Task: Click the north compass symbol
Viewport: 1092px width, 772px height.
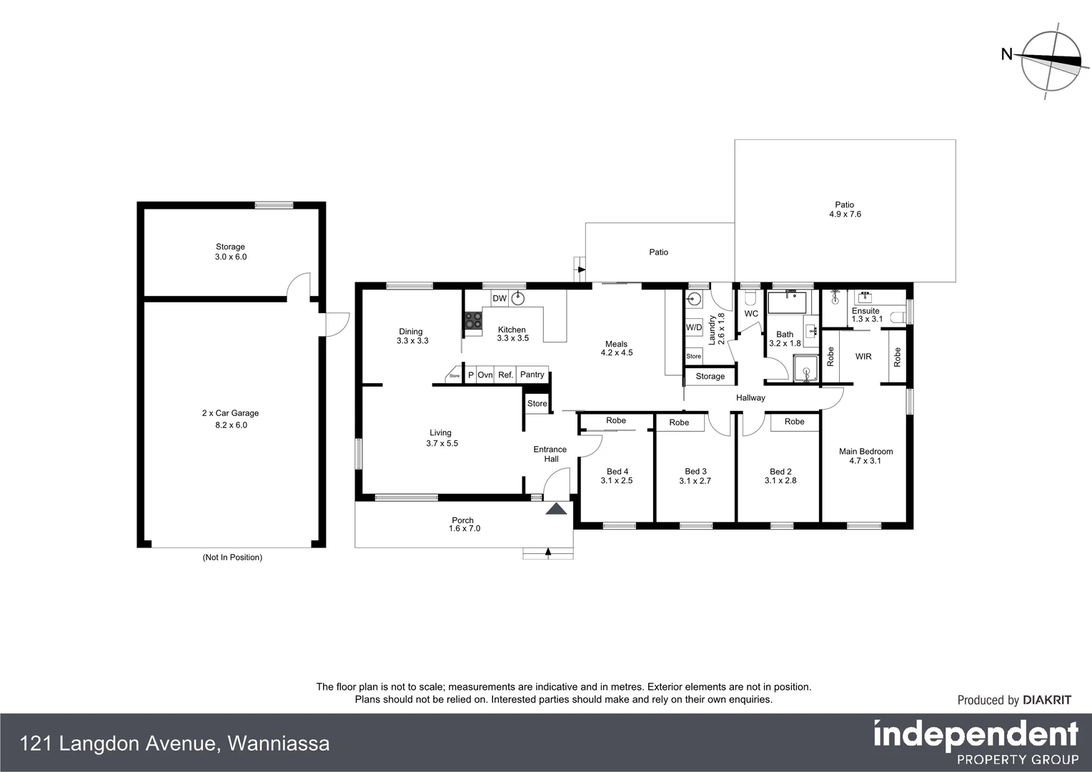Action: click(1050, 61)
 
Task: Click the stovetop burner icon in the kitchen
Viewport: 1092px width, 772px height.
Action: click(473, 320)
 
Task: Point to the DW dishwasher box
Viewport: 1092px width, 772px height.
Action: click(500, 298)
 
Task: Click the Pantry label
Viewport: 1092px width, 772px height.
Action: click(532, 375)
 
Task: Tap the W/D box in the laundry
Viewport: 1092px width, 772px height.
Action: click(693, 327)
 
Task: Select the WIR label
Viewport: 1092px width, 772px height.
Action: click(863, 356)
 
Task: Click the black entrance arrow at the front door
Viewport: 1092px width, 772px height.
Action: click(556, 509)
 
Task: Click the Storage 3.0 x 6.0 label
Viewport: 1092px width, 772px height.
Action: click(230, 252)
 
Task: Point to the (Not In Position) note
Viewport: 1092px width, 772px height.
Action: click(232, 558)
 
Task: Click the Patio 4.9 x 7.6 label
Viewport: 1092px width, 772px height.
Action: click(845, 209)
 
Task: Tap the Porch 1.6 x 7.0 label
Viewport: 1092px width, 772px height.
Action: click(463, 525)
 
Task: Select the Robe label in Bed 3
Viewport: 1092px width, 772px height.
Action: click(679, 422)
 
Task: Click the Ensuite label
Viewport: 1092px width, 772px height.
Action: click(866, 311)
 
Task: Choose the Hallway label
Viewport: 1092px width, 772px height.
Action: click(750, 398)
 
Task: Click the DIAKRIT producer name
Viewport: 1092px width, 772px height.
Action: click(1047, 701)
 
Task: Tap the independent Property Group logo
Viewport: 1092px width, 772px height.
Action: click(976, 742)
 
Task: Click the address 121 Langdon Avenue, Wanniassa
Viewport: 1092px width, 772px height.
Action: click(176, 744)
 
